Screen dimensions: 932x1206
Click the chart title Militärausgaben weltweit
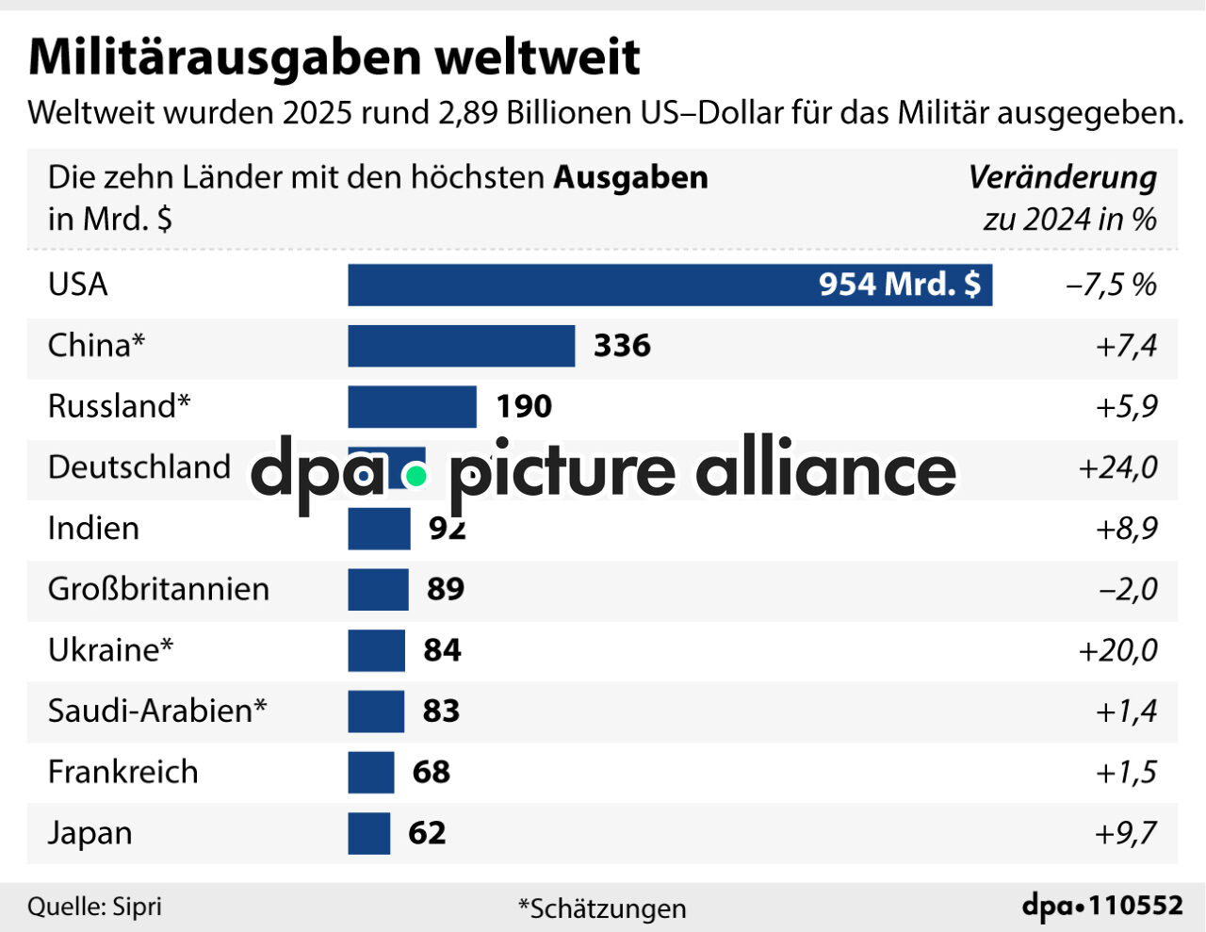pos(334,57)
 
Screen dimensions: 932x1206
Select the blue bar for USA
pos(669,285)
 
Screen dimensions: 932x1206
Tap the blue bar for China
pos(461,346)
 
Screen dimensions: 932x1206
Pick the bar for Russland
pos(412,406)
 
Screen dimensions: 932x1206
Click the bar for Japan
pos(368,833)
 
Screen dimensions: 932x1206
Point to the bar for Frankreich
pos(370,773)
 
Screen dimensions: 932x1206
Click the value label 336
pos(622,346)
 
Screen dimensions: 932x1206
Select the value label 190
pos(524,406)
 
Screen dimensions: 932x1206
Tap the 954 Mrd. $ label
pos(899,284)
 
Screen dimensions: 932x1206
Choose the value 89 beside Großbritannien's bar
pos(445,589)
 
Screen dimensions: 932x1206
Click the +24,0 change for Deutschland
pos(1117,467)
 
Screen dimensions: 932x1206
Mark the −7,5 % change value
pos(1110,285)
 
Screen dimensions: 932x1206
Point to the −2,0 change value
pos(1128,589)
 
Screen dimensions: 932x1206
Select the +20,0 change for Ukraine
pos(1117,650)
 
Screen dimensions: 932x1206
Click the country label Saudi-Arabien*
pos(157,711)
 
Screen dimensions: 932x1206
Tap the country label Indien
pos(93,528)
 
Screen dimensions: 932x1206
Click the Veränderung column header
pos(1062,177)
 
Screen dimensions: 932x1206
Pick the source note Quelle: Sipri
pos(94,907)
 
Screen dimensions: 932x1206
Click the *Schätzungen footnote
pos(602,908)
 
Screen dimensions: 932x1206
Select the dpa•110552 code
pos(1102,906)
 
